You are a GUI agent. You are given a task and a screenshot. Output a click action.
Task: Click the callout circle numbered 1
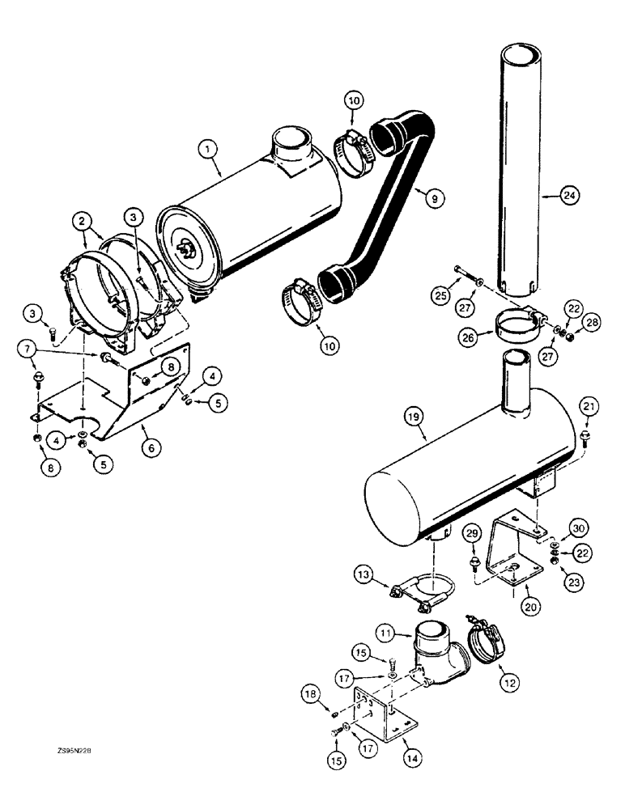[x=208, y=148]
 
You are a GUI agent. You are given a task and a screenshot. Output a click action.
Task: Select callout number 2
[x=81, y=219]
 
